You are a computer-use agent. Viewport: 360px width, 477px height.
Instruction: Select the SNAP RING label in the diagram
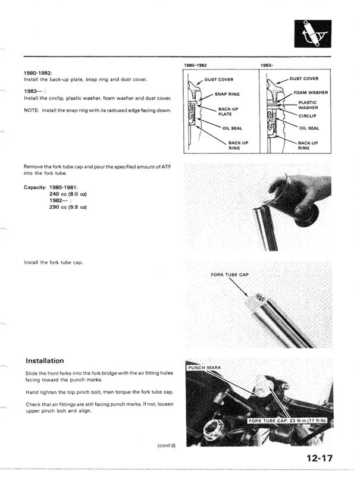coord(227,94)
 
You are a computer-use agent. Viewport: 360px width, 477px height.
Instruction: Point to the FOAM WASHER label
coord(311,93)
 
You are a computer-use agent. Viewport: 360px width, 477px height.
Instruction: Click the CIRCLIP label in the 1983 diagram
coord(307,117)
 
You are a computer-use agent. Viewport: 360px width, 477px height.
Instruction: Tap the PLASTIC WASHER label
coord(308,105)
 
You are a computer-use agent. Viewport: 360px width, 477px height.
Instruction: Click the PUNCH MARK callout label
coord(204,368)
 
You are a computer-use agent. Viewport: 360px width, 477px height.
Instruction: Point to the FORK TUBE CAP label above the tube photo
coord(228,275)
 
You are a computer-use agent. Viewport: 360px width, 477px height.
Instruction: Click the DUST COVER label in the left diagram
coord(219,79)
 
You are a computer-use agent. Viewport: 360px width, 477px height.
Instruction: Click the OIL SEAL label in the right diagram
coord(309,128)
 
